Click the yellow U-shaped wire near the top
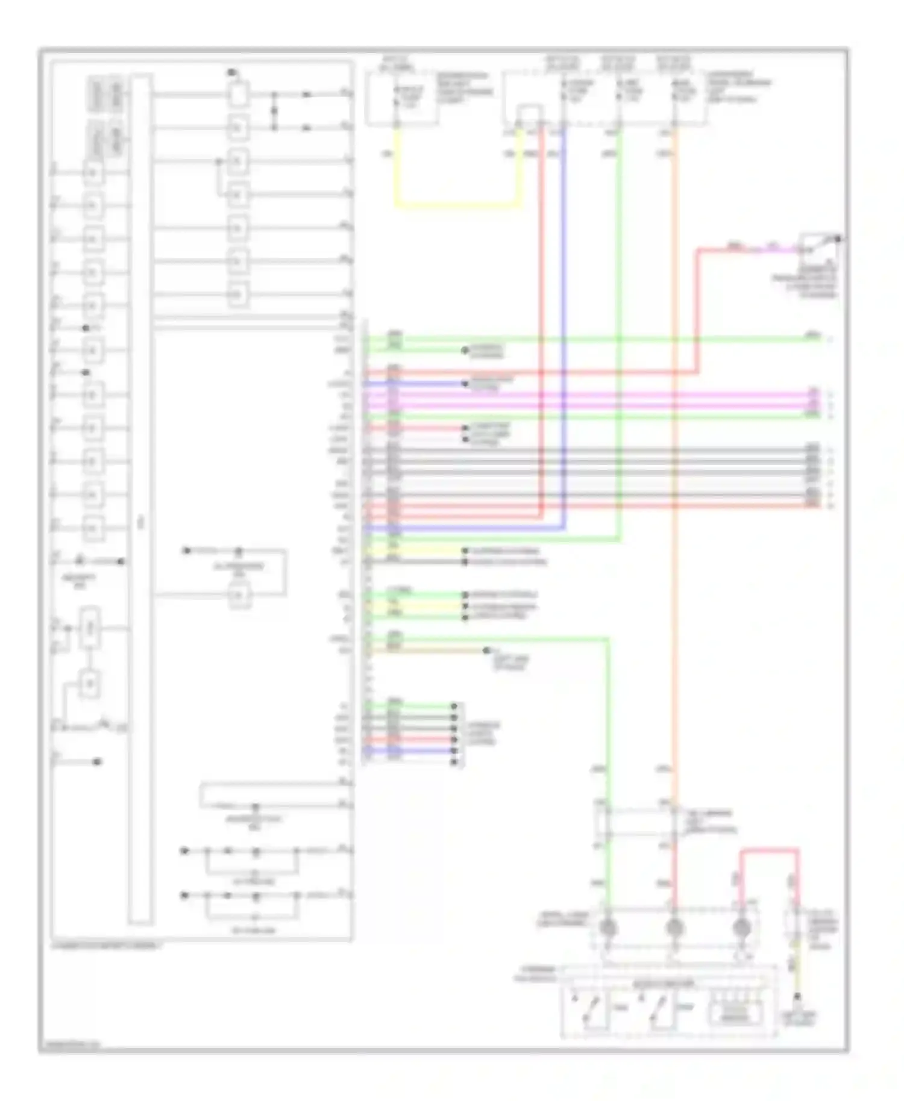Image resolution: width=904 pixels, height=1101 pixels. coord(458,205)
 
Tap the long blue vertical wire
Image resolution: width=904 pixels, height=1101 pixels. coord(564,331)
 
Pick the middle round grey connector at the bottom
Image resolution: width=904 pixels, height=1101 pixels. coord(674,928)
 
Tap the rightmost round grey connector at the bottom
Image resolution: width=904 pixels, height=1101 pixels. coord(741,928)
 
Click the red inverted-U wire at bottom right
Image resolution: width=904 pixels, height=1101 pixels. coord(770,851)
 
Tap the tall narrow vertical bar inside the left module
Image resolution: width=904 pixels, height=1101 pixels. coord(140,500)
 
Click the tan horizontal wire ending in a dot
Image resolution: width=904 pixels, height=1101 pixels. coord(428,650)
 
